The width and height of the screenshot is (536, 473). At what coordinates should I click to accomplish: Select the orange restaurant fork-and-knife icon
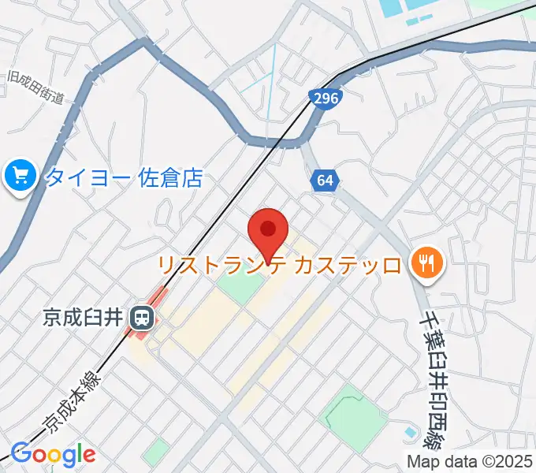tap(426, 263)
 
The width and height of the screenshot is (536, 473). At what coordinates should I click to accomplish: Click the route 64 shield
tap(325, 181)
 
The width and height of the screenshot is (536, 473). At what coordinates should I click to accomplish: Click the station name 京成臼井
tap(82, 318)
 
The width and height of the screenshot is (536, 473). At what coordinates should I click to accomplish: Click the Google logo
tap(52, 454)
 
